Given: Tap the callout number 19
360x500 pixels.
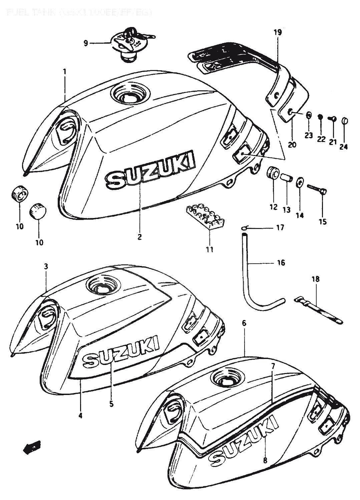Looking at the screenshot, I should click(x=278, y=32).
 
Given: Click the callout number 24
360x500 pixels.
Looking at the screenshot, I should click(x=344, y=146).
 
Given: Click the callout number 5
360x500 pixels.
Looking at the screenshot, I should click(x=111, y=404).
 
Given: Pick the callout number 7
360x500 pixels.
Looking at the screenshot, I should click(x=273, y=366).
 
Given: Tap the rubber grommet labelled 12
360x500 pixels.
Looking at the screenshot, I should click(x=273, y=173).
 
